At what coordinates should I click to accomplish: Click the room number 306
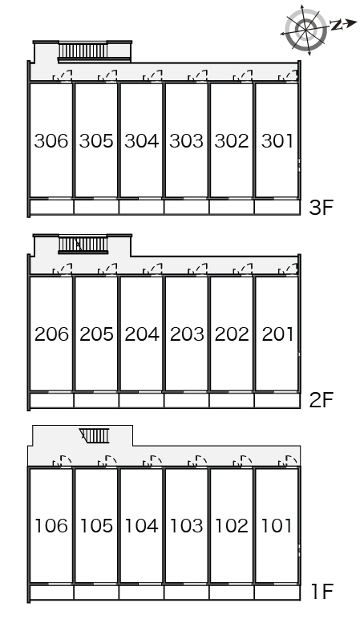51,141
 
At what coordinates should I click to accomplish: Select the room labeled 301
277,141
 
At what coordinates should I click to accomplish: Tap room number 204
142,334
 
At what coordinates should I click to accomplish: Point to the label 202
232,334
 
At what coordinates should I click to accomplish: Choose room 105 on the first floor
96,525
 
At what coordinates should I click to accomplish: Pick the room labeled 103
186,525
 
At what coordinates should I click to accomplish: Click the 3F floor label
322,207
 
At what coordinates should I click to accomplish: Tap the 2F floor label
322,400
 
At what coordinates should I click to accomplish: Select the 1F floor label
322,592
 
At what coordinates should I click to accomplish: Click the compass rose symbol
306,30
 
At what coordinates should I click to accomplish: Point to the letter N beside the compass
337,26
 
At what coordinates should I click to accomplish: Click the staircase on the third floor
83,51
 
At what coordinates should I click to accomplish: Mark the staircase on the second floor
83,245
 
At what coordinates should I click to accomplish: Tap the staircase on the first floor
95,436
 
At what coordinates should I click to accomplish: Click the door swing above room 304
152,76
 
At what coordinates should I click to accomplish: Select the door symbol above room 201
288,269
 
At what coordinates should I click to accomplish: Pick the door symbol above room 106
62,461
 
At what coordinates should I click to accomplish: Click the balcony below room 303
186,207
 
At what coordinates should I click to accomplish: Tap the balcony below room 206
51,400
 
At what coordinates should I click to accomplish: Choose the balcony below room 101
277,593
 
